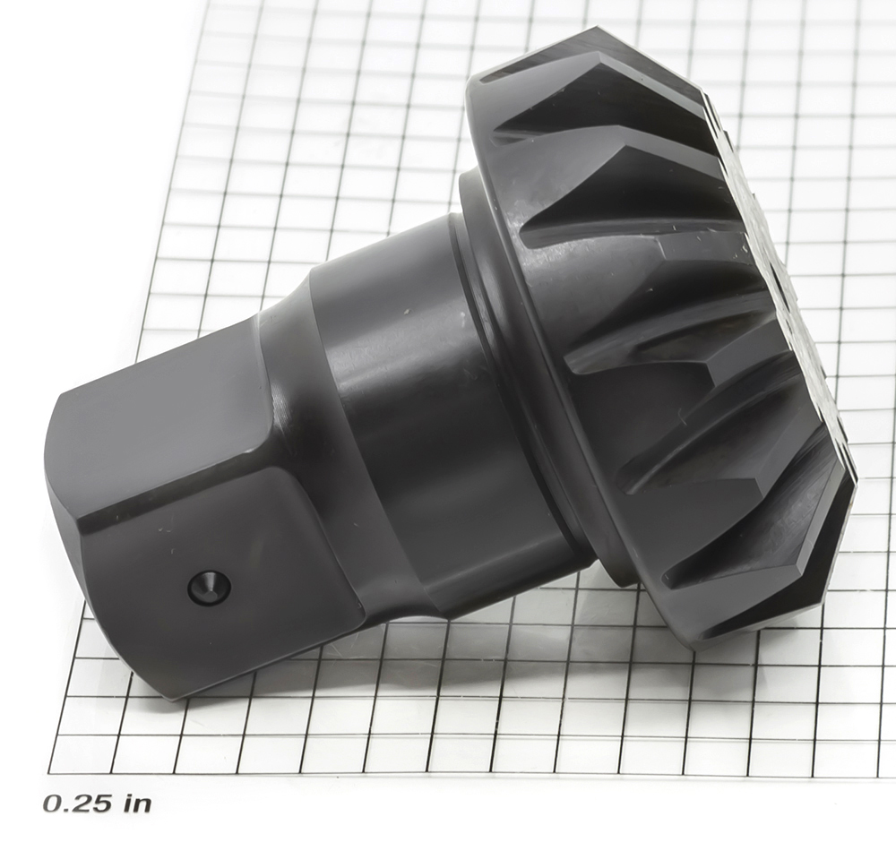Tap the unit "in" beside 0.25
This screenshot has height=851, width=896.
pos(138,803)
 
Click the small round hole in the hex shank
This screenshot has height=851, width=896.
pos(209,587)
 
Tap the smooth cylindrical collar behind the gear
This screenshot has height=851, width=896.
pos(435,411)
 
